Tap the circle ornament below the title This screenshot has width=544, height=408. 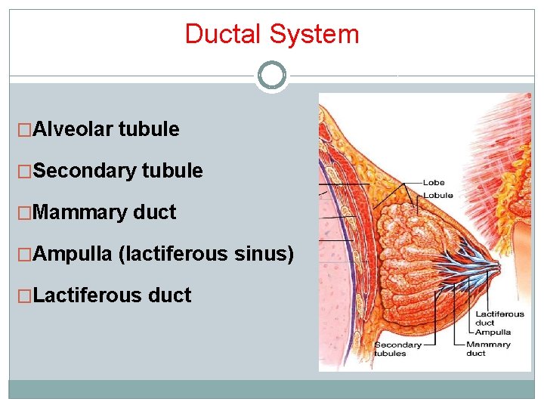coord(272,76)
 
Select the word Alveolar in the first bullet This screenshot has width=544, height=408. coord(73,129)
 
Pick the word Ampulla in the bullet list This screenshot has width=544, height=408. coord(73,254)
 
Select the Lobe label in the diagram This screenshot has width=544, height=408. coord(434,183)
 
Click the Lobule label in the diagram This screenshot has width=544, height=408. coord(437,195)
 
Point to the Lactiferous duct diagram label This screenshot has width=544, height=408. coord(499,318)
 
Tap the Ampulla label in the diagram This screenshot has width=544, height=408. coord(493,332)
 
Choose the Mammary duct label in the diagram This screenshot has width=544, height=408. coord(487,348)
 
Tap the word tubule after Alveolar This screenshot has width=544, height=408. coord(149,129)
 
